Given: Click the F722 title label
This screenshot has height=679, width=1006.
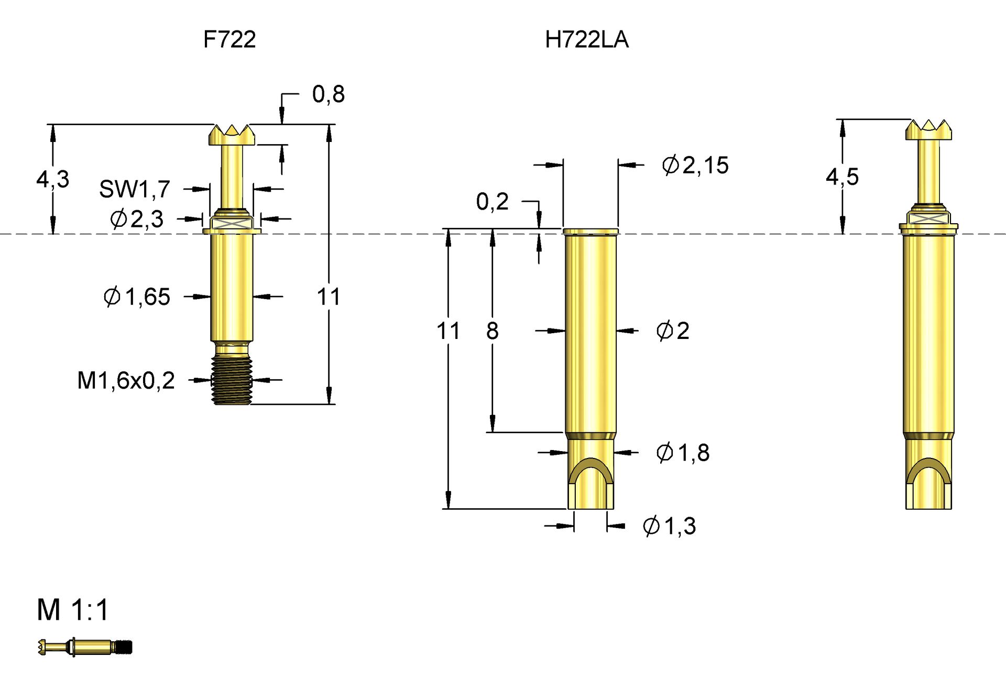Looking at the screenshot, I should click(x=229, y=40).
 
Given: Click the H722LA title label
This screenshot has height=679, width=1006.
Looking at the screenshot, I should click(x=586, y=40).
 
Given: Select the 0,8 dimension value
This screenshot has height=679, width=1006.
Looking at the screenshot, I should click(x=329, y=94).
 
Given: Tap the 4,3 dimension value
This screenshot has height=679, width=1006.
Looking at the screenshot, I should click(x=53, y=179).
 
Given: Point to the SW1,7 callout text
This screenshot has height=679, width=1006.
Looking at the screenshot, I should click(x=135, y=189).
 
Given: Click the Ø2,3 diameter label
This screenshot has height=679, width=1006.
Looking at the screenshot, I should click(x=137, y=218).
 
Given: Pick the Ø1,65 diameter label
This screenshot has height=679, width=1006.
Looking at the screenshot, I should click(x=137, y=297).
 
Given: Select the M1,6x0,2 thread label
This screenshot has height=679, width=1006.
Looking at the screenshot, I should click(x=126, y=380).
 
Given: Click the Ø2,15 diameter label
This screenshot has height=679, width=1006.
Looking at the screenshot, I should click(x=695, y=166).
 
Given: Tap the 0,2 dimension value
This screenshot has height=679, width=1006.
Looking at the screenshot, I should click(x=492, y=202).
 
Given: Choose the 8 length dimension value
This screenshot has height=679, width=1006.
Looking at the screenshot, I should click(x=492, y=331).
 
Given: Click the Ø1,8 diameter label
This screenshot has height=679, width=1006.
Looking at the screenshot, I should click(x=683, y=453).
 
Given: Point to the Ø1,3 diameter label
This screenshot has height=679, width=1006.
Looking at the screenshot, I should click(x=669, y=526).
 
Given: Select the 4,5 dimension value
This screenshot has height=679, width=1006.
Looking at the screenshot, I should click(x=842, y=177).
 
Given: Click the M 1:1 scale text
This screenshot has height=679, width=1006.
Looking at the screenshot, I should click(x=73, y=610).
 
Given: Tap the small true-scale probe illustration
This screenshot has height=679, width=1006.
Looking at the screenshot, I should click(x=85, y=648).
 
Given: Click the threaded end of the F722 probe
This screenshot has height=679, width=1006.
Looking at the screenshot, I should click(x=232, y=380).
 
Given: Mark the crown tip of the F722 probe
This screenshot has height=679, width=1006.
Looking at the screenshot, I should click(x=232, y=134).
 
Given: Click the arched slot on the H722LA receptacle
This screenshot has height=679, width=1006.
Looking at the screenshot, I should click(x=591, y=474).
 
